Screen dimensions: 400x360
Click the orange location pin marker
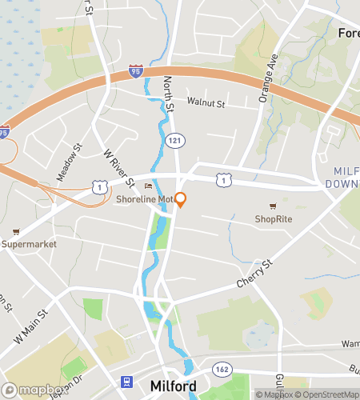[181, 199]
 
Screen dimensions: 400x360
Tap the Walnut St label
[206, 103]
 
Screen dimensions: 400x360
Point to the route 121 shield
[173, 140]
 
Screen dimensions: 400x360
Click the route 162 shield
[221, 369]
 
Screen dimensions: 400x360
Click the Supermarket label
[29, 243]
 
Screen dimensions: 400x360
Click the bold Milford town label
[173, 386]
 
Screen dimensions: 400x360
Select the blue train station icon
[125, 383]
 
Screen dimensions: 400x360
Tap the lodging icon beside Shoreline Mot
[146, 186]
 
